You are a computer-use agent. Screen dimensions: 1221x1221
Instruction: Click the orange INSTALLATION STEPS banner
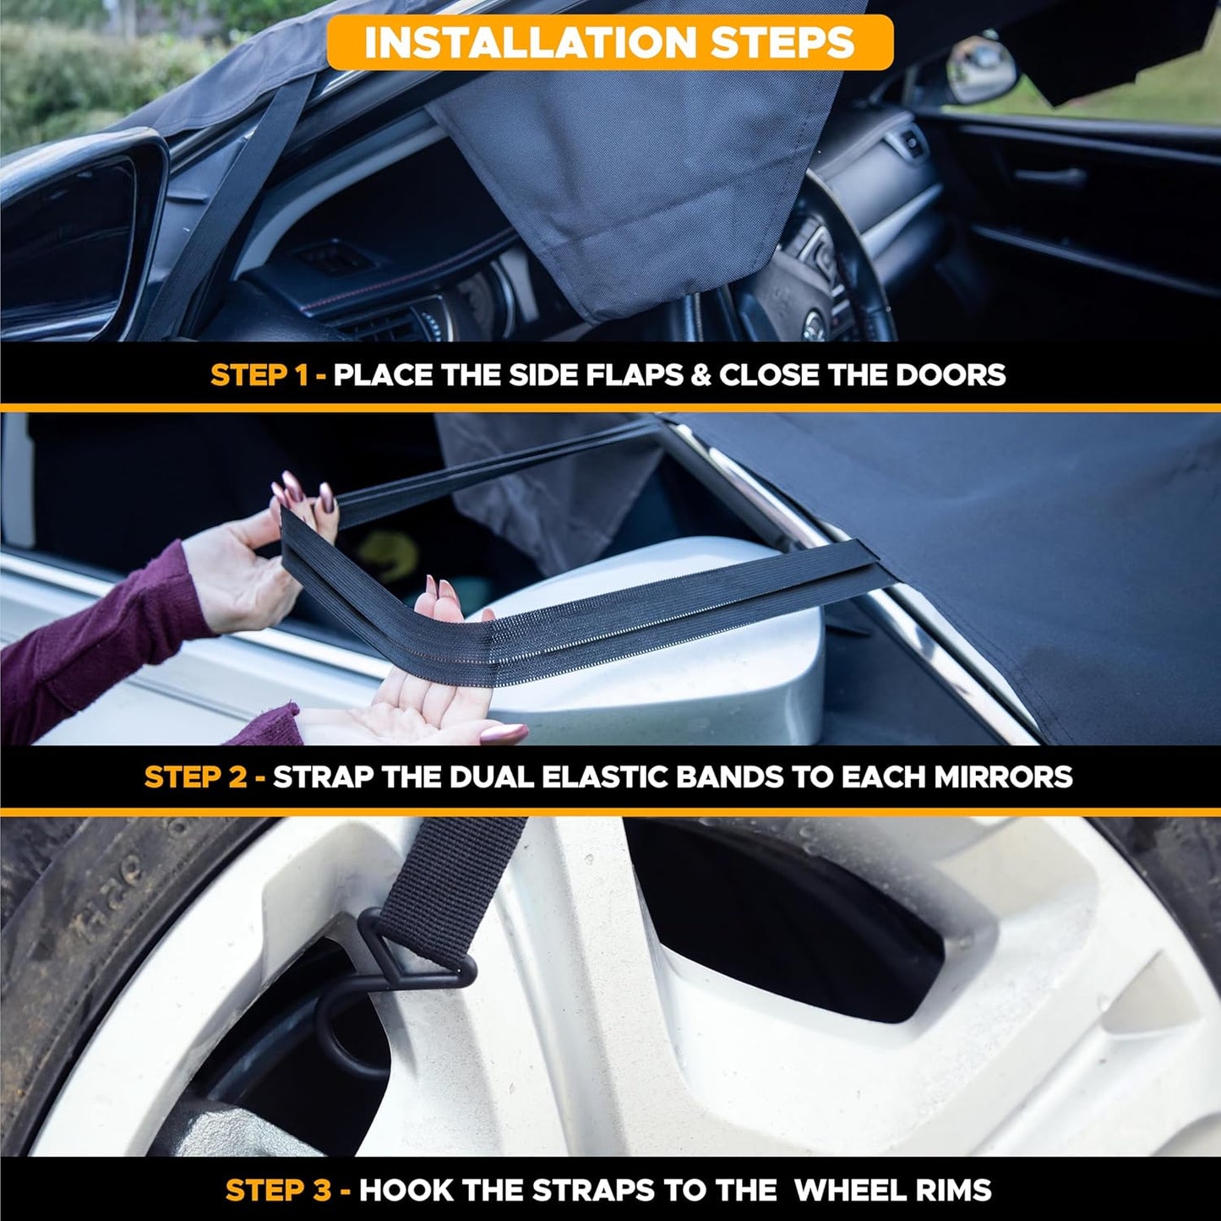(x=609, y=42)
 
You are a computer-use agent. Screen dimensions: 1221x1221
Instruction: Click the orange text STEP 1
(x=259, y=375)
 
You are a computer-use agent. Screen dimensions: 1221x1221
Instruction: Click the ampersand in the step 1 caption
(x=700, y=375)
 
